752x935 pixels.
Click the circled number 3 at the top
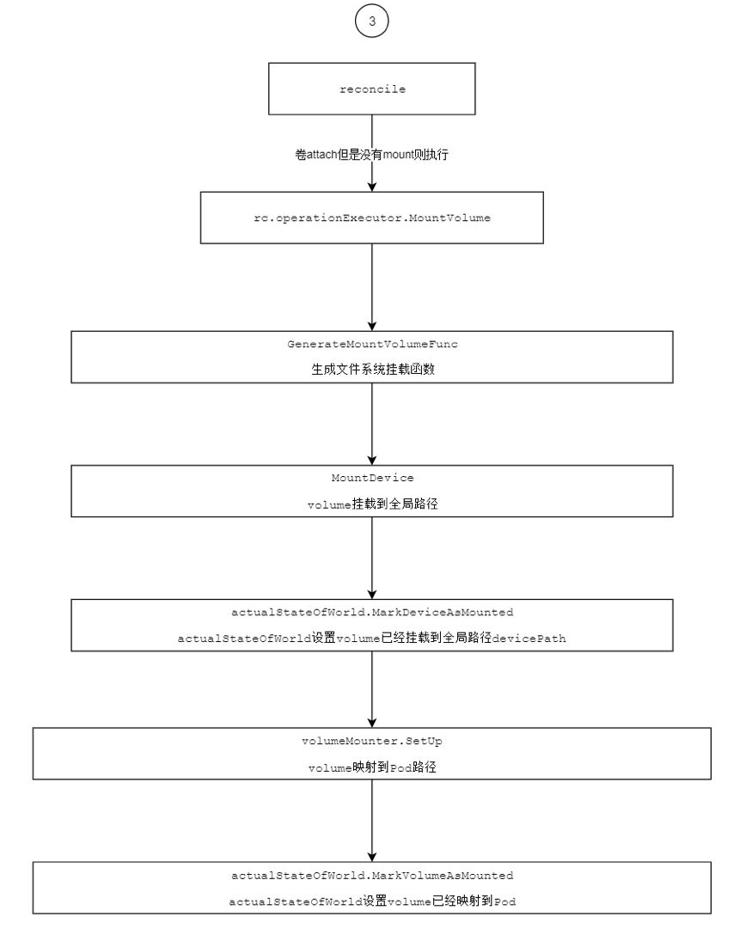tap(371, 21)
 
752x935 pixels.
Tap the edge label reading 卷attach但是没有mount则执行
tap(371, 155)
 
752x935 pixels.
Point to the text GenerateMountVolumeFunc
tap(372, 344)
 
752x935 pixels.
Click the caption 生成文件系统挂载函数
tap(373, 370)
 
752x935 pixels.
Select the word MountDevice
tap(372, 478)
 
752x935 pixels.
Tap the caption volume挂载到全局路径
tap(372, 504)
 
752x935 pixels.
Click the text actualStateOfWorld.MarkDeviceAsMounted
tap(372, 613)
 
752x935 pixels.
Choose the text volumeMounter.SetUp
tap(372, 741)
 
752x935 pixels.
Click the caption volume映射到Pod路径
tap(372, 767)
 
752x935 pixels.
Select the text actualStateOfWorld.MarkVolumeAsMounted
tap(372, 876)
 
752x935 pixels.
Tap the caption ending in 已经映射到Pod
tap(372, 901)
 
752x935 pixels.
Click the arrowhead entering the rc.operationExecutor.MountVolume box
tap(371, 186)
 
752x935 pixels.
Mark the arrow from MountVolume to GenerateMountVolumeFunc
tap(371, 287)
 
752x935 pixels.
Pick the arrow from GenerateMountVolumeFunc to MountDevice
tap(371, 424)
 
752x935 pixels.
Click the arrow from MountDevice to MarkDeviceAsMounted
tap(371, 558)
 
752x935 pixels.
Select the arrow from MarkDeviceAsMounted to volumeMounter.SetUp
tap(371, 689)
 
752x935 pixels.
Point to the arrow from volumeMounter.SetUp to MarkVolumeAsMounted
tap(371, 821)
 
